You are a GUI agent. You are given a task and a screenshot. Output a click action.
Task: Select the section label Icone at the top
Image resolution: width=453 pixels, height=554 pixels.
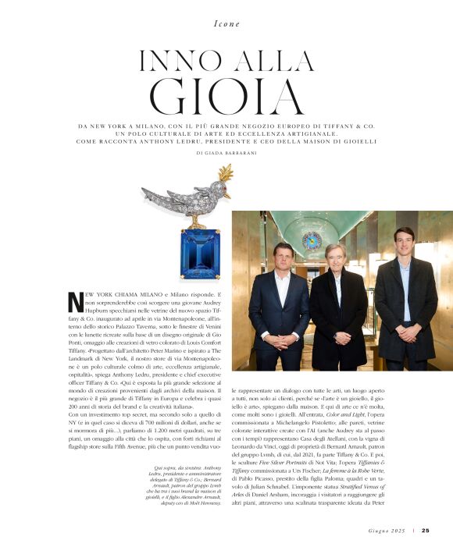tap(226, 24)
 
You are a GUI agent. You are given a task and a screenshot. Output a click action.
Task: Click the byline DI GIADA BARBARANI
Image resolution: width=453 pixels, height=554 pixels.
tap(226, 153)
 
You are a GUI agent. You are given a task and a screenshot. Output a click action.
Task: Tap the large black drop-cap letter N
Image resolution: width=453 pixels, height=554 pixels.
tap(76, 301)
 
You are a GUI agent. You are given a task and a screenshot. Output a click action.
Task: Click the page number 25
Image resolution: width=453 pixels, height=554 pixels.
tap(425, 531)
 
